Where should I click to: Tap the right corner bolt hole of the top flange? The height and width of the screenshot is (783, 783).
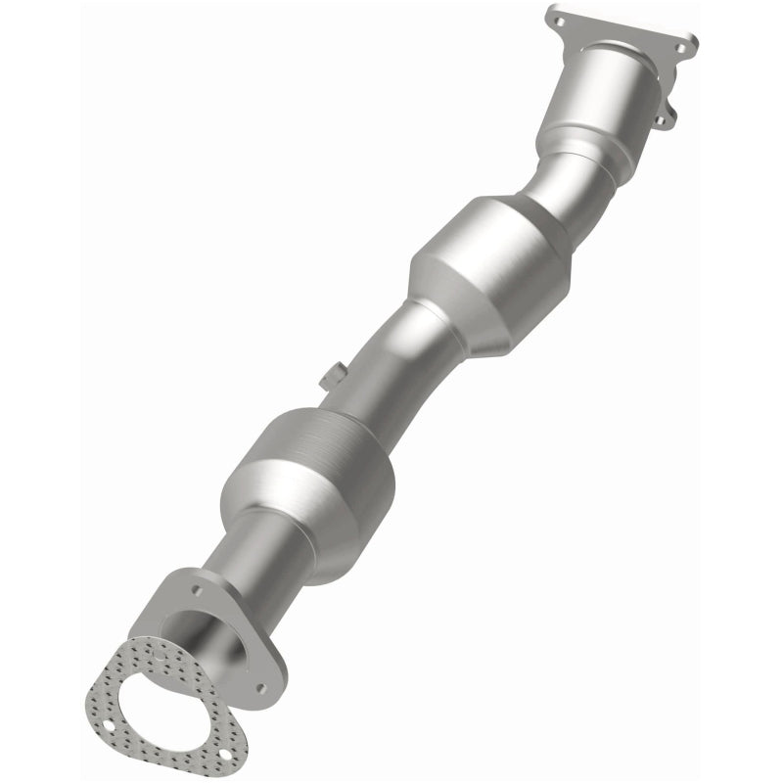[x=688, y=43]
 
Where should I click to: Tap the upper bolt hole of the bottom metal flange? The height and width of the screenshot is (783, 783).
[x=197, y=592]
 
